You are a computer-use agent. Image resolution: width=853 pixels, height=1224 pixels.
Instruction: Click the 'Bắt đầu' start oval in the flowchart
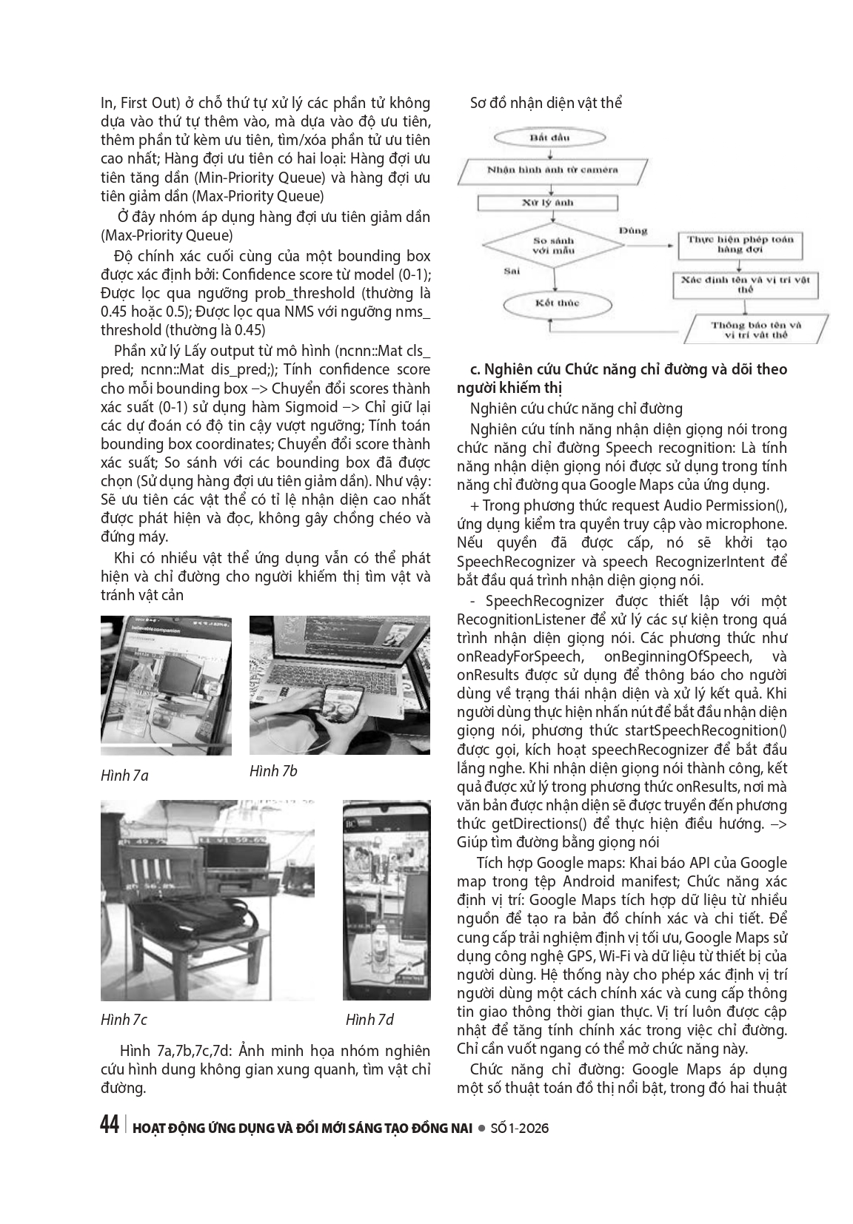click(x=549, y=138)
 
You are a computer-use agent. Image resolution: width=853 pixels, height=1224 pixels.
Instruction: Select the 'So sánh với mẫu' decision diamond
click(x=554, y=246)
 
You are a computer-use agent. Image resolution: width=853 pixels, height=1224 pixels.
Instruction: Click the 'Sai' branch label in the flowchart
click(x=512, y=272)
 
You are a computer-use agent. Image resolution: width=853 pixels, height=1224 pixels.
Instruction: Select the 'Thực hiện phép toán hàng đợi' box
click(x=740, y=245)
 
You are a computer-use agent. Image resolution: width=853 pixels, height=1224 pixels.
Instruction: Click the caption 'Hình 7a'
click(x=124, y=776)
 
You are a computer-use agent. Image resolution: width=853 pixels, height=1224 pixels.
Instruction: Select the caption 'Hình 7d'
click(x=369, y=1020)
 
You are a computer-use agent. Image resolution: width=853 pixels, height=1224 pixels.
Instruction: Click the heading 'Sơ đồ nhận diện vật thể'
click(x=546, y=103)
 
